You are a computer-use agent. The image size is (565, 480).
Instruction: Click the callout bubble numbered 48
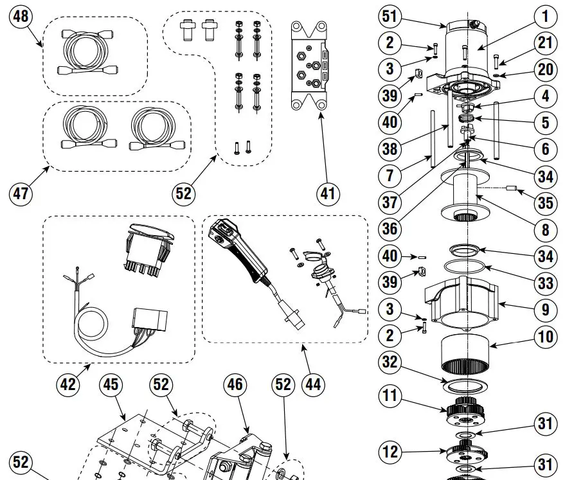pos(21,16)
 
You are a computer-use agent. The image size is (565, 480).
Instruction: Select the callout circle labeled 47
pos(21,192)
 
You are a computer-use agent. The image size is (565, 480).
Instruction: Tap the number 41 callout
pos(328,193)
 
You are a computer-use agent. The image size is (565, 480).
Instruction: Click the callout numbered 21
pos(546,44)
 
